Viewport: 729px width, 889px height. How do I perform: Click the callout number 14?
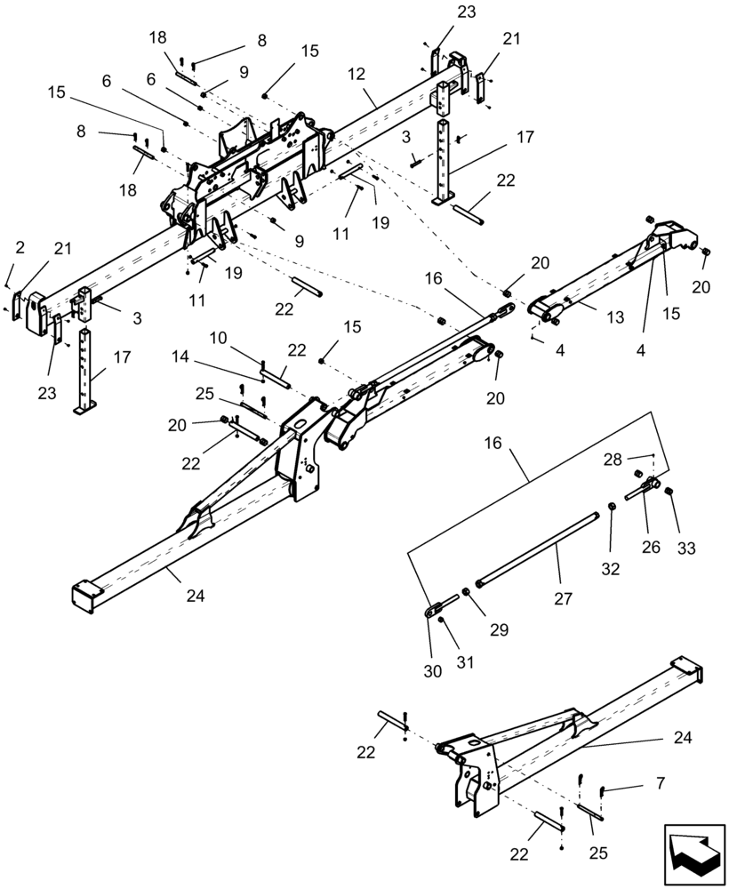tap(180, 356)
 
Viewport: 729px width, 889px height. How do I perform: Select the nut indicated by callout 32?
tap(613, 508)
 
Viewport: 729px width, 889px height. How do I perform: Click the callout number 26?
tap(652, 547)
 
